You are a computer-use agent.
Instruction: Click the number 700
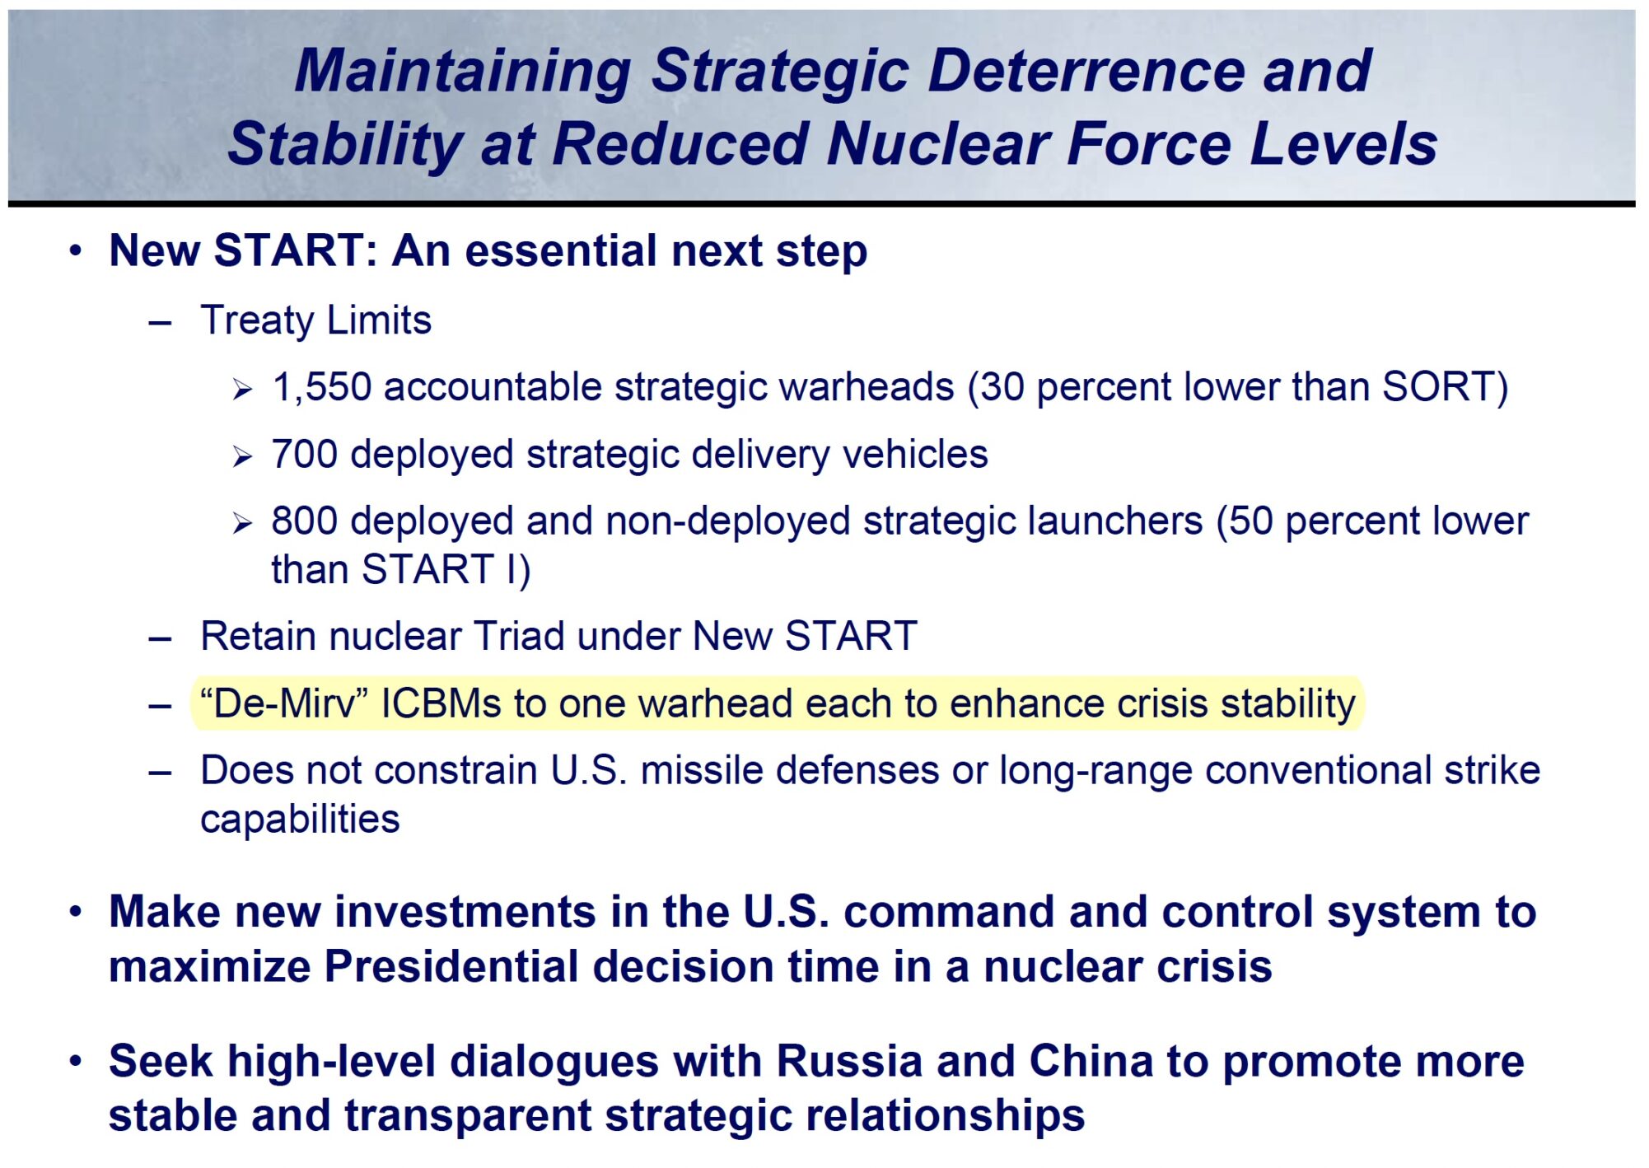pos(304,455)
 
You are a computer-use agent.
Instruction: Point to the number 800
pos(304,521)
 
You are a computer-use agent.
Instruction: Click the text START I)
pos(446,570)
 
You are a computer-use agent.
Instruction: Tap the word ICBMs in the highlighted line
pos(441,704)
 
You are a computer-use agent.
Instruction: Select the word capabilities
pos(300,820)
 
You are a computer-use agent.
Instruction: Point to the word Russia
pos(848,1061)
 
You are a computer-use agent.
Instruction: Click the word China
pos(1090,1061)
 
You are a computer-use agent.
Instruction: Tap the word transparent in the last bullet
pos(468,1116)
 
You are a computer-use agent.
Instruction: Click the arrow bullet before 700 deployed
pos(241,456)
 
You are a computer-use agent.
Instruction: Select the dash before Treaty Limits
pos(160,323)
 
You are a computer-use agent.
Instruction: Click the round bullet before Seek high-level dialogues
pos(76,1061)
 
